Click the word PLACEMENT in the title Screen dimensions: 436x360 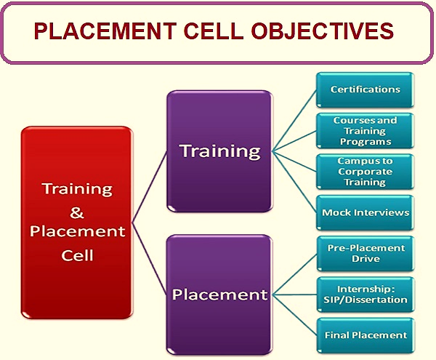[x=105, y=31]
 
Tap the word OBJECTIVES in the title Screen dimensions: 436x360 [x=322, y=31]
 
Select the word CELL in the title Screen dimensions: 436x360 [x=213, y=31]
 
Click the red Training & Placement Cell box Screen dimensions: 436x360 [x=77, y=223]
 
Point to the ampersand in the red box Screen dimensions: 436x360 [x=77, y=213]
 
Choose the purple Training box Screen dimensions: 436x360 [x=219, y=151]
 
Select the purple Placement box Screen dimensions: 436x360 [x=219, y=295]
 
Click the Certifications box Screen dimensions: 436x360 [x=365, y=90]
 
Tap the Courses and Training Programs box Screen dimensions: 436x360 [x=365, y=131]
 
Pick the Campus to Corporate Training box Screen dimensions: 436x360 [x=365, y=172]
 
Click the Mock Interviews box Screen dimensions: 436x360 [x=365, y=213]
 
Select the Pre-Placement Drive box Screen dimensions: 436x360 [x=366, y=253]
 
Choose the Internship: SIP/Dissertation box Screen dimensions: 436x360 [x=366, y=295]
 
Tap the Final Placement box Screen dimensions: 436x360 [x=366, y=335]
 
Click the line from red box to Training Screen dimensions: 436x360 [x=150, y=187]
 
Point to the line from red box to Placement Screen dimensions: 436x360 [x=150, y=258]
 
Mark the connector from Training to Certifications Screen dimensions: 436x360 [x=294, y=121]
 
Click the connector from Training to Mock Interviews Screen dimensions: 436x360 [x=294, y=183]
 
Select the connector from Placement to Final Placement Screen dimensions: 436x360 [x=295, y=315]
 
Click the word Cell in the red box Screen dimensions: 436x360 [x=77, y=255]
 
